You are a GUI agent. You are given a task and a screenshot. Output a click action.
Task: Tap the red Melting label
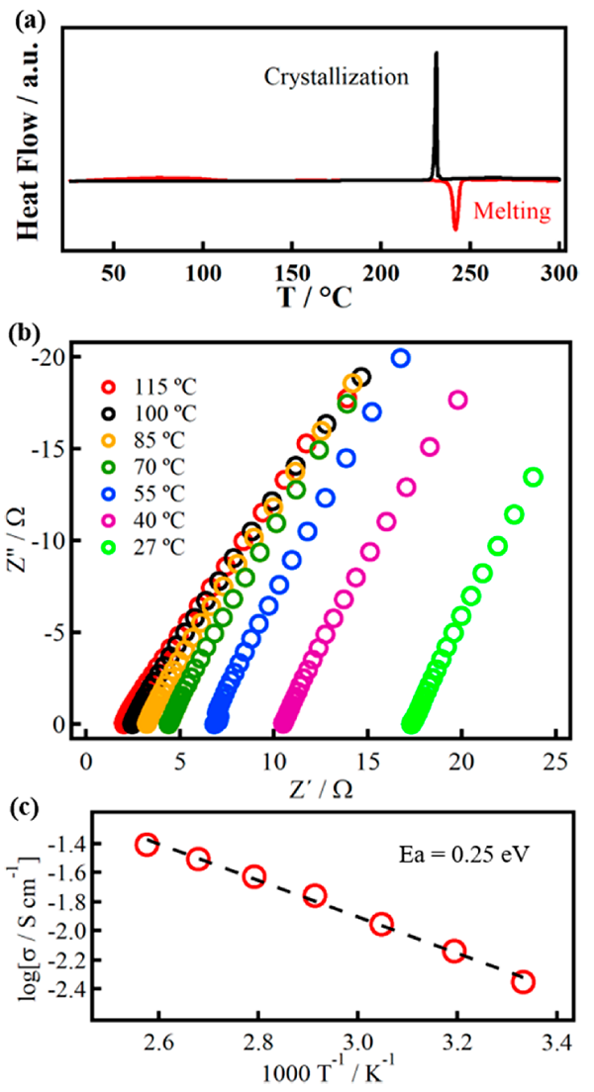tap(512, 210)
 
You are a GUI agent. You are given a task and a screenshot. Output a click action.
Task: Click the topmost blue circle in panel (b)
tap(401, 358)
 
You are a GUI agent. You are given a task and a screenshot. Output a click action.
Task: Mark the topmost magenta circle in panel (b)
tap(457, 400)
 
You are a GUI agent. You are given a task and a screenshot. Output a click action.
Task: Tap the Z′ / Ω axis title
tap(324, 788)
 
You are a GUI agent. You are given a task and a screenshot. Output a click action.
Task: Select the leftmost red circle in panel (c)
tap(147, 845)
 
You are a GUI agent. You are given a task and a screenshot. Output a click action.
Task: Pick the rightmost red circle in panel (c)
tap(524, 981)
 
